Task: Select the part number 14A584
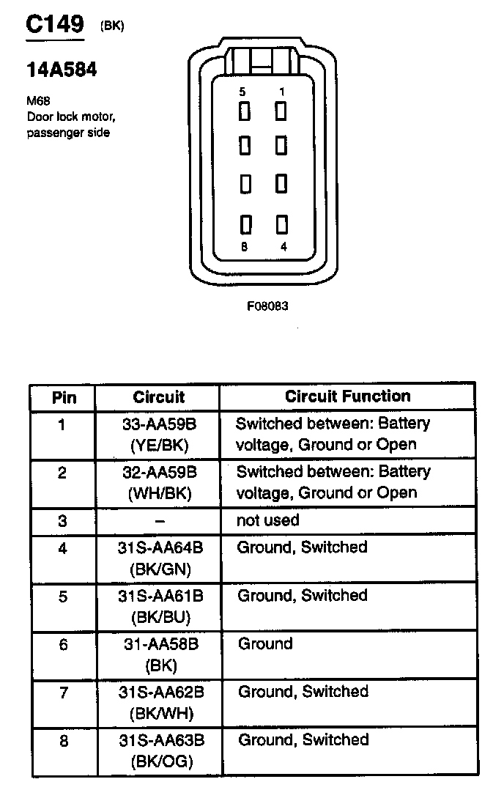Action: coord(62,71)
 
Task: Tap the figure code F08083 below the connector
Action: coord(267,306)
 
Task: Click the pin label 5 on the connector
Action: coord(242,92)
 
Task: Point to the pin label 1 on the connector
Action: coord(282,92)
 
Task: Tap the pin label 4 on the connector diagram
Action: coord(283,246)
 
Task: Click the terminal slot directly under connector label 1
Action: coord(281,111)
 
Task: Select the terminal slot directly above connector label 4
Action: coord(281,224)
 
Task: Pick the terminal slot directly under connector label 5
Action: coord(244,111)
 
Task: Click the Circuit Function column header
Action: coord(347,396)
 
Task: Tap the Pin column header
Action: coord(64,398)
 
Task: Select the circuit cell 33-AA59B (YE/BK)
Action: coord(159,434)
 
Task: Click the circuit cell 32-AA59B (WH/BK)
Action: coord(159,482)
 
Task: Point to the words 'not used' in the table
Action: coord(267,520)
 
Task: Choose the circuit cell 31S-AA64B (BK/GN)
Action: coord(159,557)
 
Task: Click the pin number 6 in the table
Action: coord(63,644)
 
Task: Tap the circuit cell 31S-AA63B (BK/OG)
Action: coord(160,750)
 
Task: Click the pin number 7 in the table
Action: coord(63,693)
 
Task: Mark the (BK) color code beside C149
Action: coord(112,26)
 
